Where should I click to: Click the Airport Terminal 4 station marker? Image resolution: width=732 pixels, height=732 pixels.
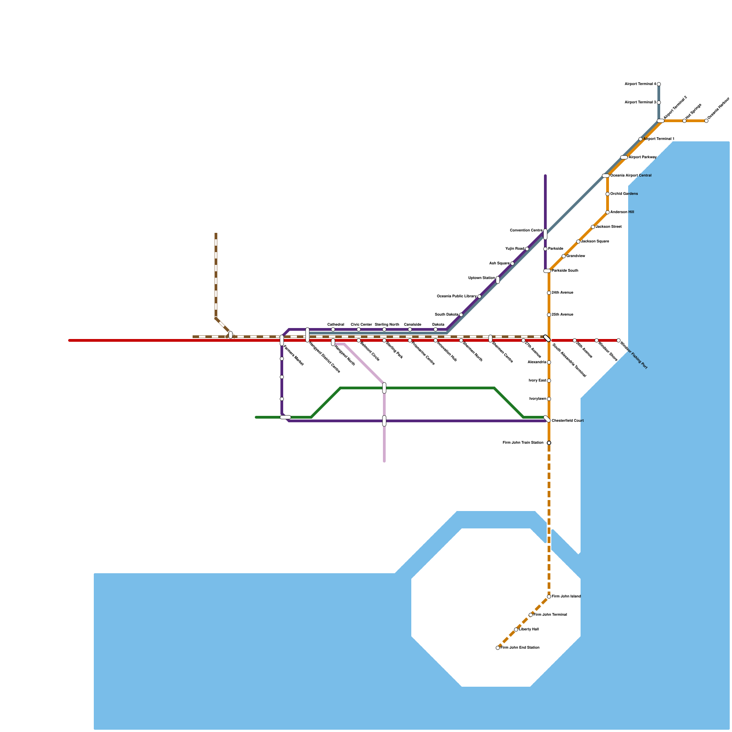click(x=659, y=84)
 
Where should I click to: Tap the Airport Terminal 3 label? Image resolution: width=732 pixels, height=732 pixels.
click(x=640, y=102)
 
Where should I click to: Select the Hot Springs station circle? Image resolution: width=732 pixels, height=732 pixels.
click(x=684, y=121)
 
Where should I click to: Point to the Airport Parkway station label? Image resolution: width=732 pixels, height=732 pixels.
click(x=643, y=157)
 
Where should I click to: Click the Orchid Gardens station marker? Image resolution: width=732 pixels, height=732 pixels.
click(x=608, y=194)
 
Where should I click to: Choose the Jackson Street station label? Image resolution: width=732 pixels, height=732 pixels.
click(x=608, y=227)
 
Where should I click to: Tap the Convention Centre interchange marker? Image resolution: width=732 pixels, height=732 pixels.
click(x=545, y=234)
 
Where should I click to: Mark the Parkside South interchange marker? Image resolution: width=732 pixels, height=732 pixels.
click(x=547, y=271)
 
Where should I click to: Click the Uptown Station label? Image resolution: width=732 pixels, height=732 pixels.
click(x=482, y=278)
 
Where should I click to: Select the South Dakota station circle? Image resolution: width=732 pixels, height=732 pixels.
click(x=461, y=315)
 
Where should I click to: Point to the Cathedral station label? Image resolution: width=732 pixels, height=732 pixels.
click(x=335, y=324)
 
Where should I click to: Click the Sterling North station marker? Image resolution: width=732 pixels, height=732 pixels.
click(x=384, y=329)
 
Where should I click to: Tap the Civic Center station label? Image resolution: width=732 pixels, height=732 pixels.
click(x=361, y=324)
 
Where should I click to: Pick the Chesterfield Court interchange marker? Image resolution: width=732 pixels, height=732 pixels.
click(x=547, y=419)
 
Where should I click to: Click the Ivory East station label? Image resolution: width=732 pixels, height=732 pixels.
click(x=537, y=381)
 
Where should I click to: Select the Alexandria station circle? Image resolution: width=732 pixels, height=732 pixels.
click(x=549, y=362)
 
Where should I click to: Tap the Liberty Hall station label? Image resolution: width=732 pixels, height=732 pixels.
click(x=529, y=630)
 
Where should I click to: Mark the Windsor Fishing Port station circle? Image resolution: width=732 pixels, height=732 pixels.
click(x=619, y=340)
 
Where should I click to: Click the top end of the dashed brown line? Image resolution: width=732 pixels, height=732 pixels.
click(x=216, y=234)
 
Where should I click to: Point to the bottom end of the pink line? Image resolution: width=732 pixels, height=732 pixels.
click(x=384, y=462)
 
